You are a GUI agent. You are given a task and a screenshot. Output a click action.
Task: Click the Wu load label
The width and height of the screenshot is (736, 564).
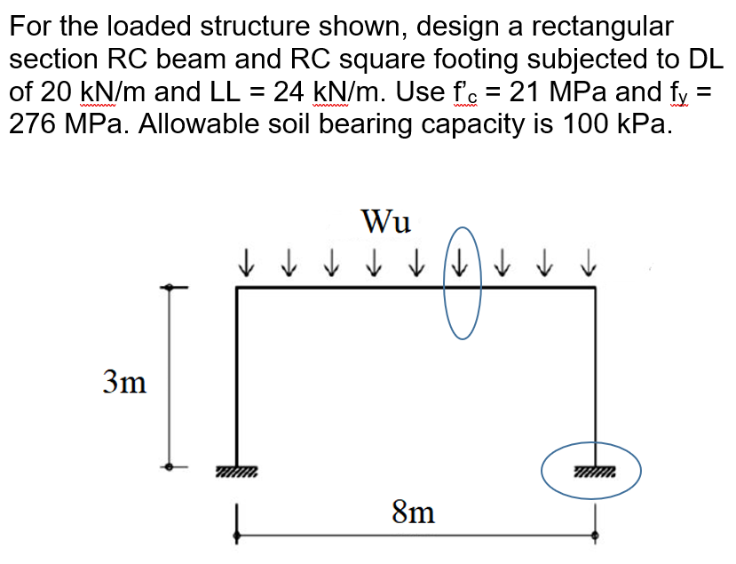(x=386, y=221)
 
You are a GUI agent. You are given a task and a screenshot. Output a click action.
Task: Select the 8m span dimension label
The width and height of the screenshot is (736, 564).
(x=414, y=512)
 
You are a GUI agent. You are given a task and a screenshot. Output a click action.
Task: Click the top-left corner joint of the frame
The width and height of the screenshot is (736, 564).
(x=237, y=287)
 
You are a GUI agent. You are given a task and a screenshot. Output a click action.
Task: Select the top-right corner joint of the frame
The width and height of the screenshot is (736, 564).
(x=593, y=287)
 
